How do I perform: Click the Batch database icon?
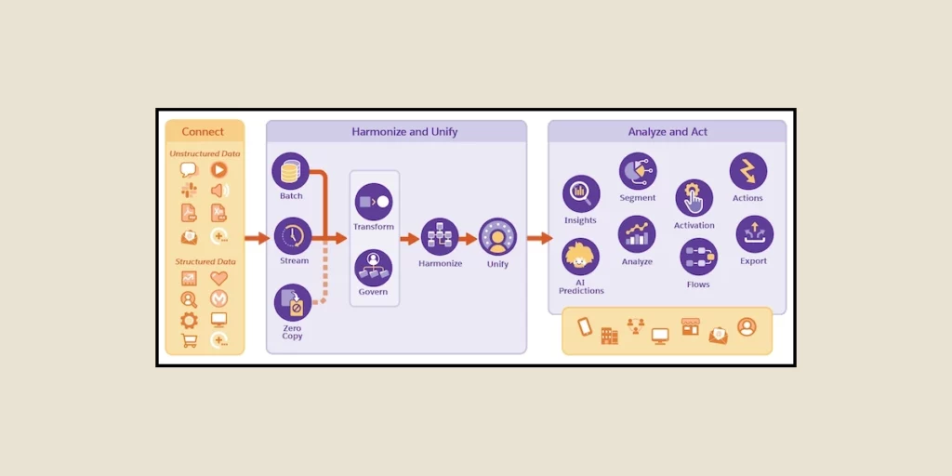coord(291,171)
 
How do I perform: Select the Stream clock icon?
coord(293,236)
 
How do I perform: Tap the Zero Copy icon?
coord(293,302)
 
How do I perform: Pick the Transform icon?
coord(374,202)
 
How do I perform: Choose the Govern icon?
coord(374,268)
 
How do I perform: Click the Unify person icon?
coord(497,237)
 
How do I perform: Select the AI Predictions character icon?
coord(581,258)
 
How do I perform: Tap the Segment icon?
coord(638,171)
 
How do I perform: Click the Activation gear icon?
coord(694,198)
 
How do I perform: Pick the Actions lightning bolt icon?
coord(747,171)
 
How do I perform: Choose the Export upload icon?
coord(754,234)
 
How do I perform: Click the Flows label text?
coord(698,284)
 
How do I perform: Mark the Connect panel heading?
coord(204,132)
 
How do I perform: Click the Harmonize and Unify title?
coord(404,132)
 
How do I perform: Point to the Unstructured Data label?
coord(205,153)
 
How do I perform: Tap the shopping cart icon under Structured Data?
coord(189,340)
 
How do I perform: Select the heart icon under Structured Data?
coord(218,278)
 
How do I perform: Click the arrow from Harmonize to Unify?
coord(468,239)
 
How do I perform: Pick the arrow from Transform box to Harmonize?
coord(409,239)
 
